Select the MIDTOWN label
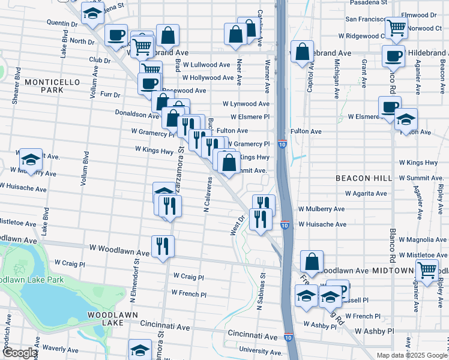(391, 271)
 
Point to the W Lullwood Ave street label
(206, 65)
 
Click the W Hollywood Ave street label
(208, 78)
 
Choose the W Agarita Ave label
(364, 194)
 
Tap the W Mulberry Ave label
(321, 209)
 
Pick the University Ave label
(260, 351)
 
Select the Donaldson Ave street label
(137, 113)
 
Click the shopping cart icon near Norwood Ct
(396, 28)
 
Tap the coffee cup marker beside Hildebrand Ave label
(393, 56)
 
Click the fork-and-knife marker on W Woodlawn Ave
(163, 245)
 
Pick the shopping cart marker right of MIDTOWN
(427, 270)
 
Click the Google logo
(19, 353)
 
